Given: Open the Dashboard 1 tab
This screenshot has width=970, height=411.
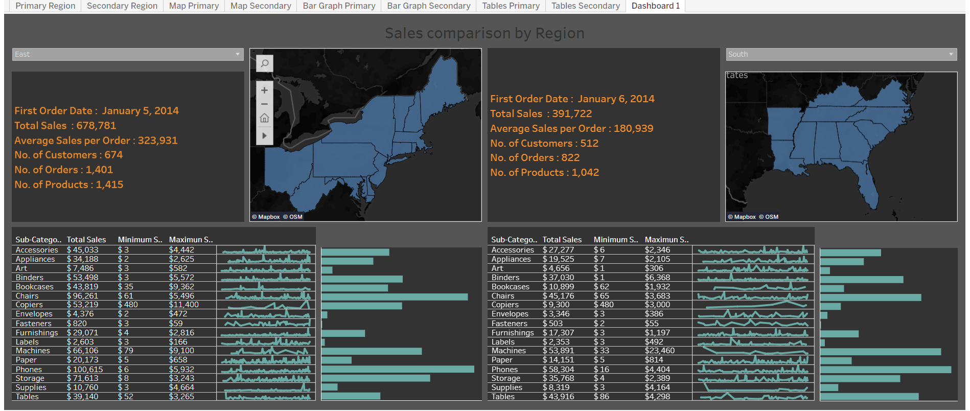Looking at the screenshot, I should pyautogui.click(x=655, y=6).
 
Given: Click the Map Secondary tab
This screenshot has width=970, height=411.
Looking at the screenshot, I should pyautogui.click(x=261, y=6).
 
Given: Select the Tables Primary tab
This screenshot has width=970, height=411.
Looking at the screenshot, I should pyautogui.click(x=511, y=6).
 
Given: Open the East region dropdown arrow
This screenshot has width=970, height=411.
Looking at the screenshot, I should pyautogui.click(x=238, y=54).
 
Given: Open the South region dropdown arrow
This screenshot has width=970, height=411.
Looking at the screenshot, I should pyautogui.click(x=951, y=54).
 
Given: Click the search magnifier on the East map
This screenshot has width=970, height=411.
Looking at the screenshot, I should pyautogui.click(x=265, y=63).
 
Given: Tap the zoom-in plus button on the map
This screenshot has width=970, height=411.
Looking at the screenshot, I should pyautogui.click(x=264, y=90).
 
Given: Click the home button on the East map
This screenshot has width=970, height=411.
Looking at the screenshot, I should pyautogui.click(x=264, y=118).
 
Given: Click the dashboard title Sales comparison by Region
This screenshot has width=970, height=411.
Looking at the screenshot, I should pyautogui.click(x=484, y=33).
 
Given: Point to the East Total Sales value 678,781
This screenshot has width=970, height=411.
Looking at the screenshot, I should pyautogui.click(x=96, y=126).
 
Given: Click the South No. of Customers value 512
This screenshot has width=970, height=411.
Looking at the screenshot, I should pyautogui.click(x=589, y=144).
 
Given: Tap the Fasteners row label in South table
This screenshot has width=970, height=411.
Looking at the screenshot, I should pyautogui.click(x=509, y=324).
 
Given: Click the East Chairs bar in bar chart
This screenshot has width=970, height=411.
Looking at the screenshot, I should pyautogui.click(x=394, y=297).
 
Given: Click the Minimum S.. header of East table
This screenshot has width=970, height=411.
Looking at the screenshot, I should pyautogui.click(x=140, y=240).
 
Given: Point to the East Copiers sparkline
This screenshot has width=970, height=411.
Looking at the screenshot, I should pyautogui.click(x=266, y=305).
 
